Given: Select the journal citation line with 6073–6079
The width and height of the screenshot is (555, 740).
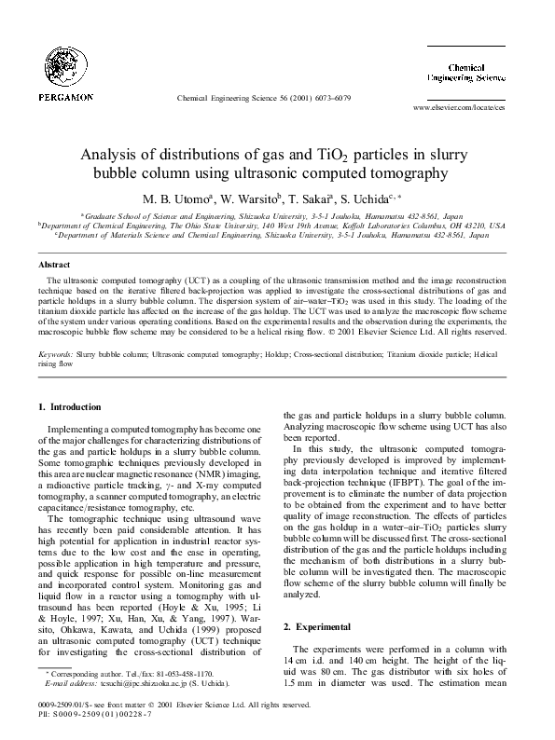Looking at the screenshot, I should click(263, 98).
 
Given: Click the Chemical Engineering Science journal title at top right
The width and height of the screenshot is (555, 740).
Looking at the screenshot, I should click(479, 74).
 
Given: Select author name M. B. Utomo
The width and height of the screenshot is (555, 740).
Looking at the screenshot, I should click(177, 199).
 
